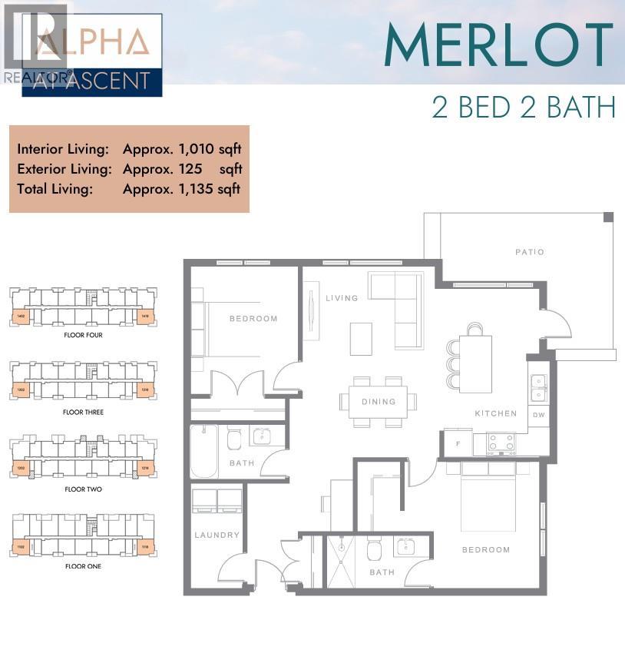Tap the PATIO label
pyautogui.click(x=530, y=252)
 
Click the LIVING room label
pyautogui.click(x=342, y=298)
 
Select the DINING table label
pyautogui.click(x=379, y=401)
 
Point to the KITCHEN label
pyautogui.click(x=496, y=413)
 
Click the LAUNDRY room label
pyautogui.click(x=217, y=535)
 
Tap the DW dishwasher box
pyautogui.click(x=539, y=415)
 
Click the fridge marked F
pyautogui.click(x=458, y=444)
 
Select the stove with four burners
pyautogui.click(x=501, y=443)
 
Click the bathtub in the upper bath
pyautogui.click(x=205, y=451)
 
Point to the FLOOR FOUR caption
pyautogui.click(x=83, y=335)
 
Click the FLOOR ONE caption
pyautogui.click(x=83, y=566)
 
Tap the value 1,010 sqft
pyautogui.click(x=182, y=149)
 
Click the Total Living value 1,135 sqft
pyautogui.click(x=182, y=188)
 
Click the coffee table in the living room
pyautogui.click(x=361, y=339)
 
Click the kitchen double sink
pyautogui.click(x=539, y=388)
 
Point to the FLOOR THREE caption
pyautogui.click(x=83, y=412)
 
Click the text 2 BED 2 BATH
pyautogui.click(x=524, y=107)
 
